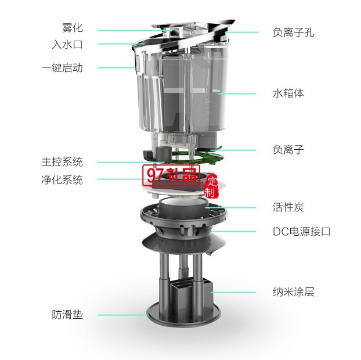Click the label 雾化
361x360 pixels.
(72, 27)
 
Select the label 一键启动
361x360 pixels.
(62, 67)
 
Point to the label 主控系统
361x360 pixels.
(62, 161)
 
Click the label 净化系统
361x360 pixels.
(62, 179)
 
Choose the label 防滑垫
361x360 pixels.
(67, 315)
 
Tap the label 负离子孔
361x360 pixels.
(293, 32)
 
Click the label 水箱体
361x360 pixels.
(288, 93)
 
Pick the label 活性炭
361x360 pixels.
(288, 207)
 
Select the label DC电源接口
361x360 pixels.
(301, 231)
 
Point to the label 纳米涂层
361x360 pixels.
(293, 292)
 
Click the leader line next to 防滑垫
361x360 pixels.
(122, 315)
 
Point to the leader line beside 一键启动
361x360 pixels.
(116, 67)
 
